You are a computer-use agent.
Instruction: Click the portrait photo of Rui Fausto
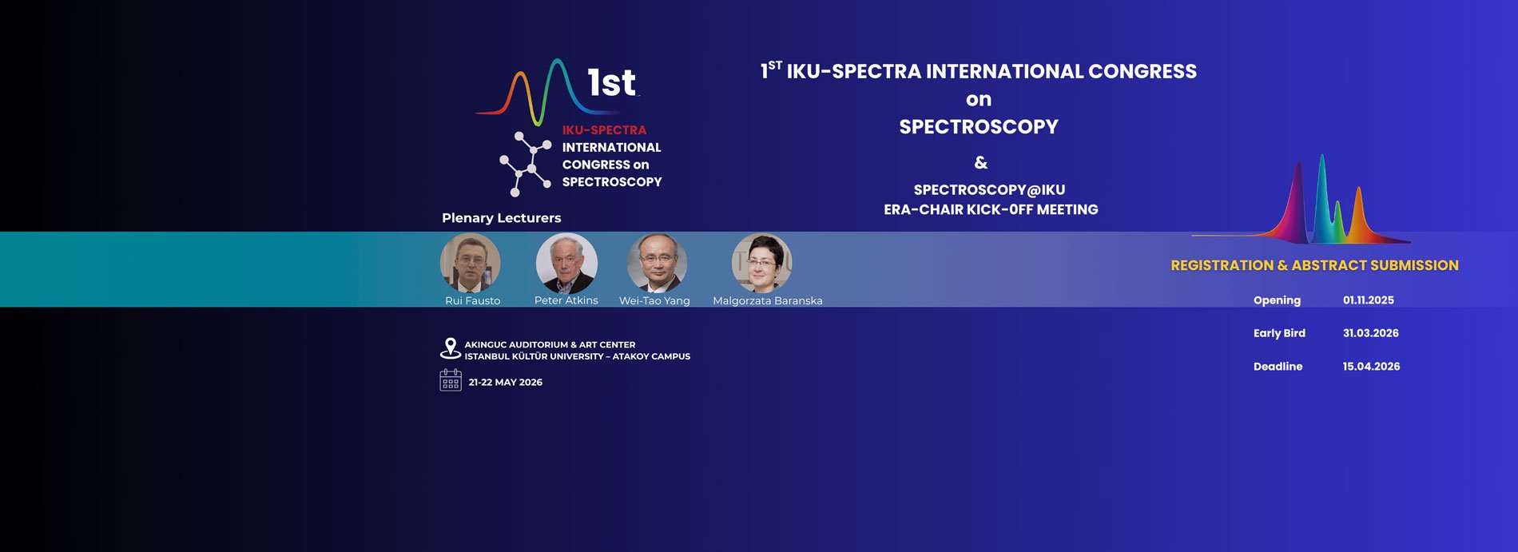click(x=471, y=263)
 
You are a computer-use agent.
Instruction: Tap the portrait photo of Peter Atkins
click(x=566, y=263)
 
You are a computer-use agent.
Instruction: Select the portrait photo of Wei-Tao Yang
click(x=657, y=263)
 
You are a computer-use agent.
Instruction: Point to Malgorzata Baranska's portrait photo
click(x=761, y=263)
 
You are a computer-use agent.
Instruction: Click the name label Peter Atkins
click(x=566, y=300)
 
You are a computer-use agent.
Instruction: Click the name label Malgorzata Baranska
click(x=767, y=300)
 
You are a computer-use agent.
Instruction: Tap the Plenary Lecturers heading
click(x=501, y=217)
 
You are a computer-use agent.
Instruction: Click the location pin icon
click(x=451, y=348)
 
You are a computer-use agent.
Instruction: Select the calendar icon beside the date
click(x=451, y=380)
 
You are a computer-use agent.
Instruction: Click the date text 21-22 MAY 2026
click(x=505, y=382)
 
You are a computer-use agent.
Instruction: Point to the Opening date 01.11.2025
click(x=1368, y=300)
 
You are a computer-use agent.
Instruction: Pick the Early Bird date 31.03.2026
click(x=1370, y=333)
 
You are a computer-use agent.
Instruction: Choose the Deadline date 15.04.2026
click(x=1371, y=367)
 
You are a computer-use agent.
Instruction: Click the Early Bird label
click(x=1279, y=333)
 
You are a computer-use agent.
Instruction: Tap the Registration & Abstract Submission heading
click(x=1314, y=265)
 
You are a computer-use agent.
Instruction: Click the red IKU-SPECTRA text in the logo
click(x=604, y=129)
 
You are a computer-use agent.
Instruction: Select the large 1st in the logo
click(x=611, y=82)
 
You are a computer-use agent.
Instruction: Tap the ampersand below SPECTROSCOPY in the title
click(x=981, y=163)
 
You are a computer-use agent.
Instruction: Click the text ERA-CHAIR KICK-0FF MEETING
click(x=991, y=209)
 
